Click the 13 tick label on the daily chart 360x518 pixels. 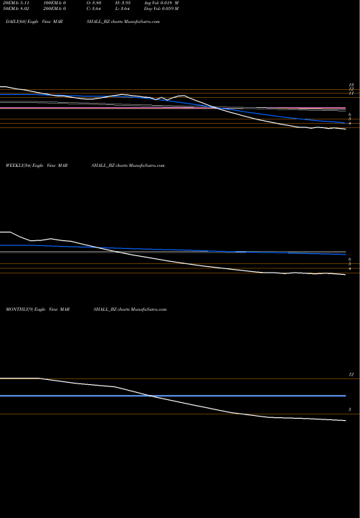pyautogui.click(x=351, y=85)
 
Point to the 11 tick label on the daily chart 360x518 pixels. pyautogui.click(x=351, y=94)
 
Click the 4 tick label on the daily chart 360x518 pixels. pyautogui.click(x=349, y=124)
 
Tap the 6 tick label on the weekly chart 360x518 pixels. pyautogui.click(x=349, y=258)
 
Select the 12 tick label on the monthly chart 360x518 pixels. pyautogui.click(x=351, y=375)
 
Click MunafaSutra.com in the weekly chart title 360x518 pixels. pyautogui.click(x=147, y=165)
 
